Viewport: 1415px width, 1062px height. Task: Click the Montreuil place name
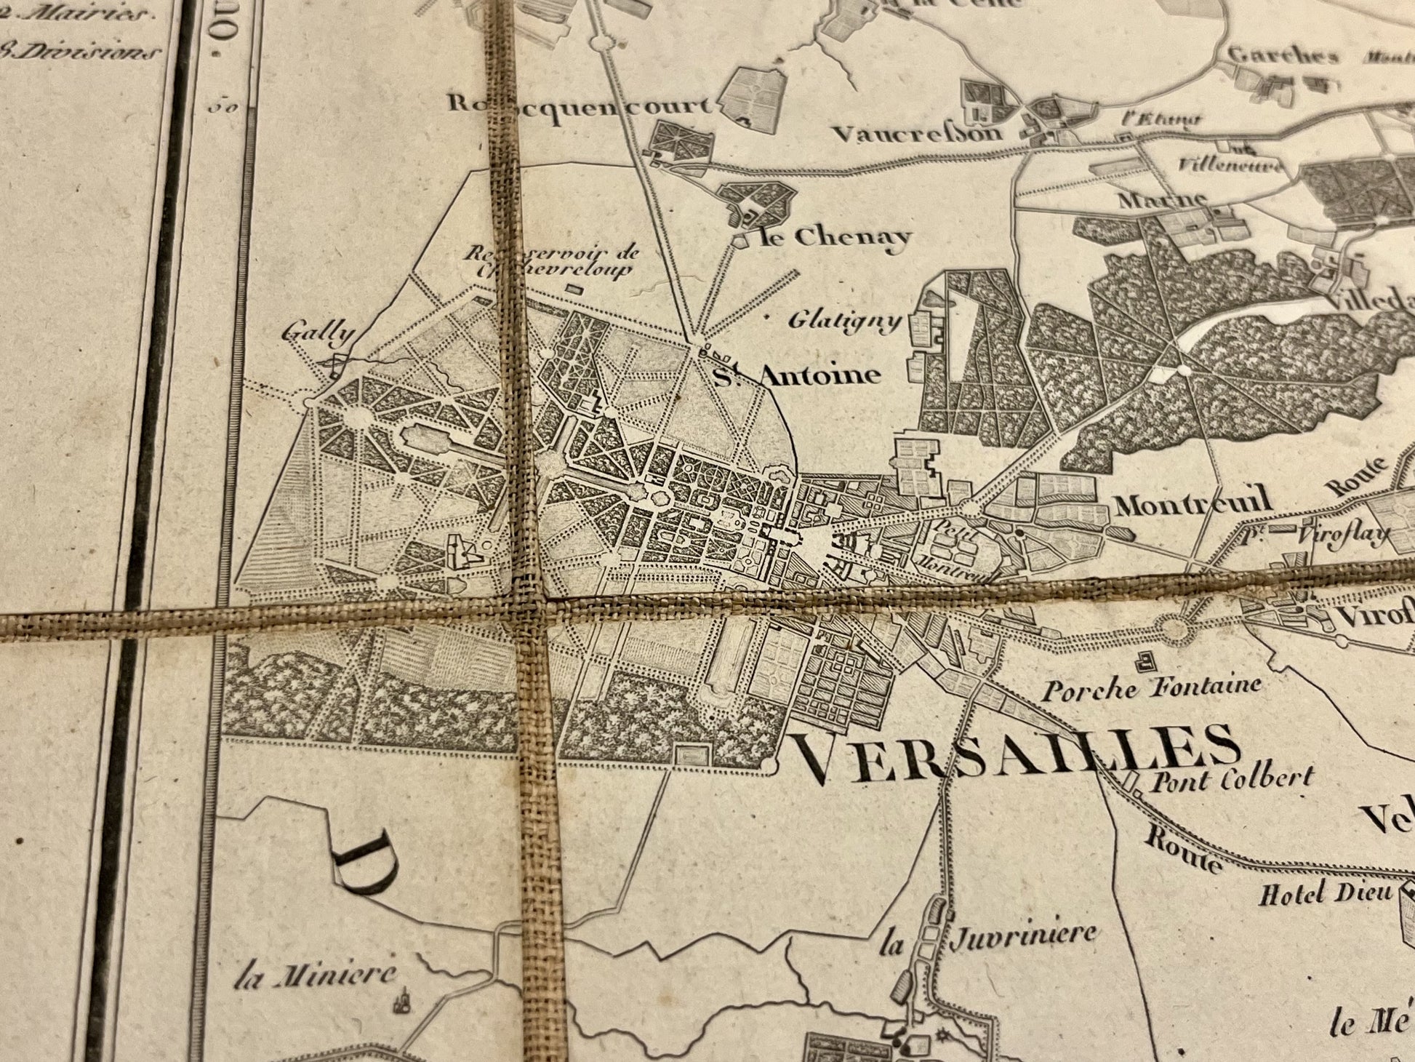[x=1193, y=502]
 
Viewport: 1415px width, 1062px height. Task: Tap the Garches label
[x=1283, y=55]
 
